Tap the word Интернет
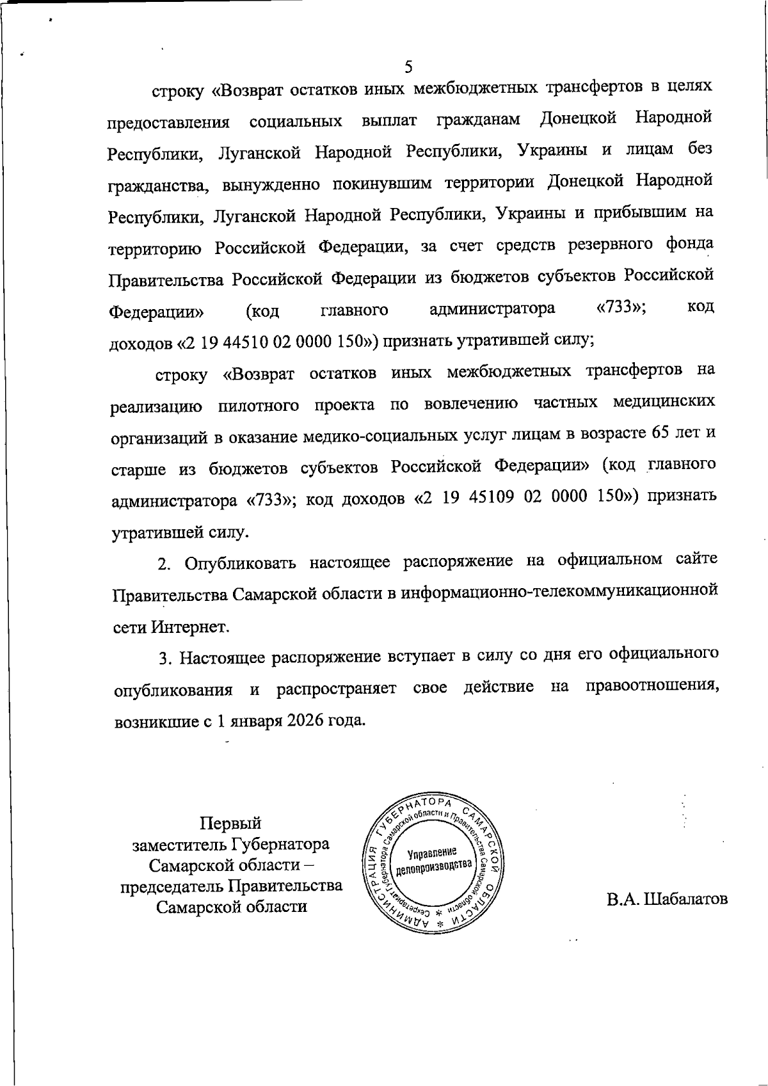tap(190, 627)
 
